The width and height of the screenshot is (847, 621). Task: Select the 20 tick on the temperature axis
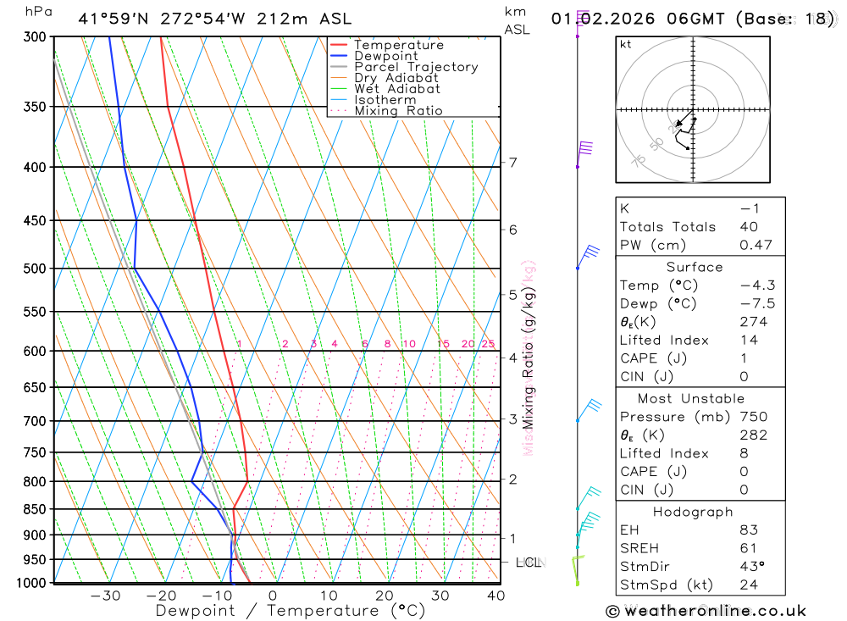[x=385, y=596]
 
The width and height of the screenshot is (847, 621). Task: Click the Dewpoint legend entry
[x=385, y=56]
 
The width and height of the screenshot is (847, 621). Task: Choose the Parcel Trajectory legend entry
[x=416, y=67]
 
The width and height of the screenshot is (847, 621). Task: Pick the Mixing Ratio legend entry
[x=398, y=111]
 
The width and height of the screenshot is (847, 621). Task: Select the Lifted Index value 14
[x=747, y=340]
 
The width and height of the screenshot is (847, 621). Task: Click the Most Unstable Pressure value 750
[x=753, y=417]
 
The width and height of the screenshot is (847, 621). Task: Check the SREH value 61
[x=747, y=548]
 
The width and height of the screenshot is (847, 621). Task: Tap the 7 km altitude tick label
[x=512, y=162]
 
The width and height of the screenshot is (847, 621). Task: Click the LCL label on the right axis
[x=528, y=562]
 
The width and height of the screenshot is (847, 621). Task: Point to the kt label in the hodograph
[x=626, y=44]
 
